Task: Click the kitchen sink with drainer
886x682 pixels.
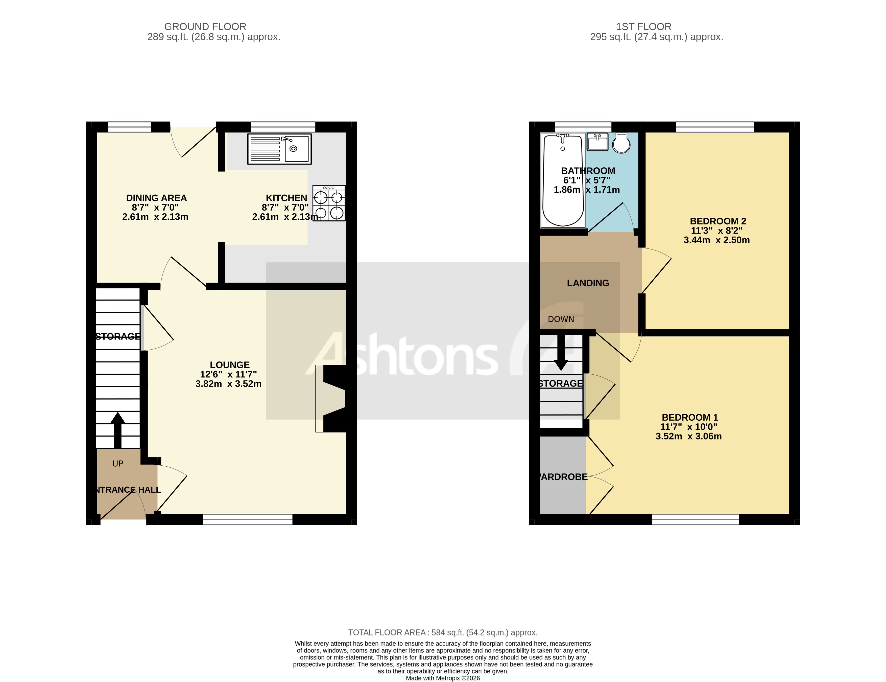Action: point(279,149)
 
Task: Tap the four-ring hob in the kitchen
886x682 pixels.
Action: point(329,203)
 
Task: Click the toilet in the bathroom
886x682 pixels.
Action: point(621,143)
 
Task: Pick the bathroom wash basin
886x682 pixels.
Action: point(597,142)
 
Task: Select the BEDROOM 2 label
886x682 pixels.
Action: point(718,221)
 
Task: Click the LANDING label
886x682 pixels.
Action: point(588,283)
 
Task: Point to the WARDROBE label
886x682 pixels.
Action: point(563,477)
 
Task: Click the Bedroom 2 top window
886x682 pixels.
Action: point(715,127)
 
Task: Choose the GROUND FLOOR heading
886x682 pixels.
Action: point(205,27)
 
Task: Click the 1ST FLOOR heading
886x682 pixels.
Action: point(643,27)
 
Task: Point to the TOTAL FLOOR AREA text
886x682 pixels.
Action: point(443,632)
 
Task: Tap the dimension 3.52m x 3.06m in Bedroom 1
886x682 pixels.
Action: point(688,436)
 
